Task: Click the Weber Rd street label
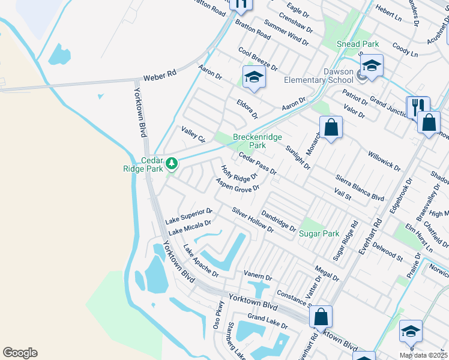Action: (160, 76)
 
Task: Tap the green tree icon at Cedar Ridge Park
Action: (172, 163)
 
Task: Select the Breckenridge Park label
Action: (258, 141)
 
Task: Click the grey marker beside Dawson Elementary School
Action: (362, 75)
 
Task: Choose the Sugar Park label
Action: (319, 233)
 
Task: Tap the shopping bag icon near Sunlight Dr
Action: (331, 127)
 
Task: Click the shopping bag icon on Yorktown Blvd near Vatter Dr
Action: (322, 316)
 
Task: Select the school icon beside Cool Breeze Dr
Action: (254, 77)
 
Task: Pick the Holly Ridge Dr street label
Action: (239, 174)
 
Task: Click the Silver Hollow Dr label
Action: (253, 220)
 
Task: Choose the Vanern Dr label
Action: (258, 275)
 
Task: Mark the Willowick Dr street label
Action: (384, 157)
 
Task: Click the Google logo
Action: (20, 353)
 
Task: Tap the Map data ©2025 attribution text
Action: (423, 355)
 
